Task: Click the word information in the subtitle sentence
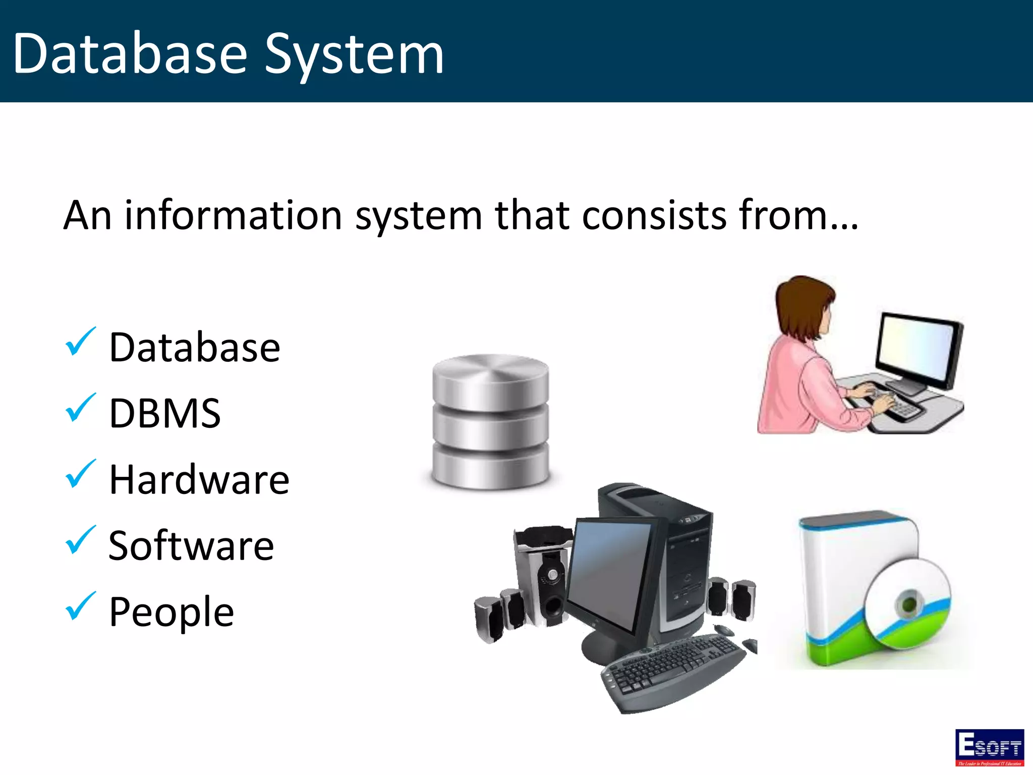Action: coord(234,215)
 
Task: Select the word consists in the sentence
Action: coord(655,215)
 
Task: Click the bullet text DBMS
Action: coord(165,413)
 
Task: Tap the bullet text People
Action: coord(171,612)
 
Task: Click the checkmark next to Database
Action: coord(80,342)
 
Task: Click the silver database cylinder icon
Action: coord(490,422)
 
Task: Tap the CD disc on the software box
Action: coord(908,603)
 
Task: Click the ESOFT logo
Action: coord(989,747)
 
